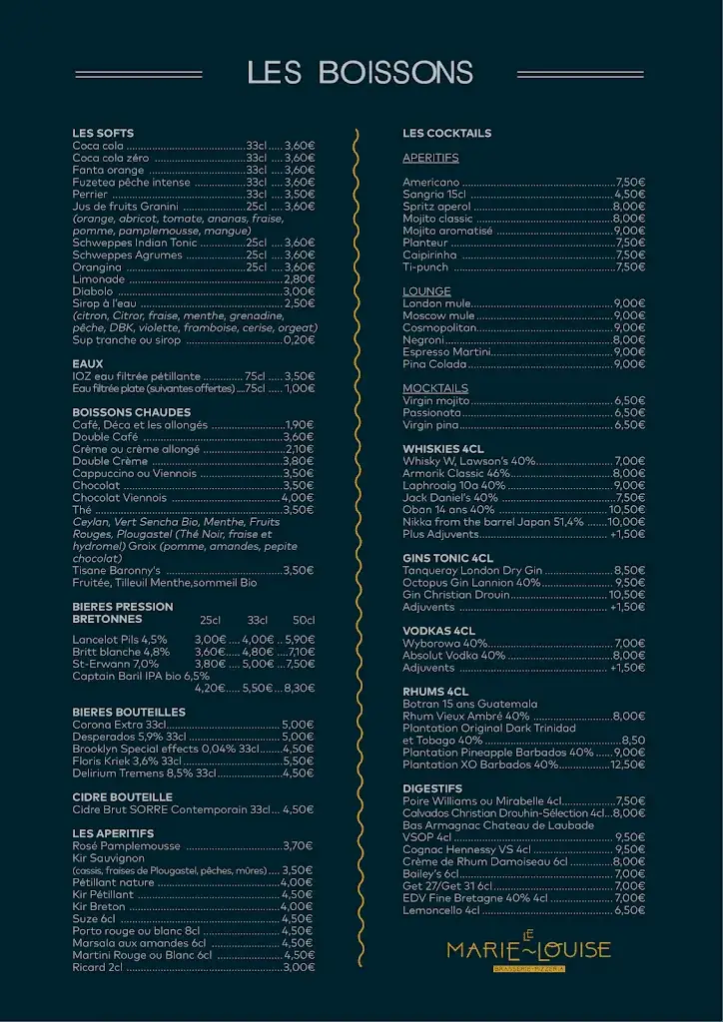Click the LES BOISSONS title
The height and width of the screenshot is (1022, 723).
point(361,73)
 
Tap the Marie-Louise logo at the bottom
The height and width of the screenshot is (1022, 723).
point(528,949)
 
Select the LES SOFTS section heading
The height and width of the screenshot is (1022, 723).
point(103,134)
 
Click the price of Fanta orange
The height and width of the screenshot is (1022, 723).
point(300,170)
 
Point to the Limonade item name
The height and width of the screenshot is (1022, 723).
point(98,279)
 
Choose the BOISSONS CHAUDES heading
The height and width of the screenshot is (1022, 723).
point(131,412)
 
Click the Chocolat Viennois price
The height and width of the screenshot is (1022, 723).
point(298,498)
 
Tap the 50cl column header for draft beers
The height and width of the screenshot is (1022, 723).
point(304,620)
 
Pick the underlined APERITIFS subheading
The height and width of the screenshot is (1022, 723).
point(430,158)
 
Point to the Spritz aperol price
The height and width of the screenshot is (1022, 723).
point(629,207)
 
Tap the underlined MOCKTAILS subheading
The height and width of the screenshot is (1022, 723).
point(435,388)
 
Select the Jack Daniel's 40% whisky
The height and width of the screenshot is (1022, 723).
point(450,497)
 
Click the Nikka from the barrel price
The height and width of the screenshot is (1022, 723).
point(626,522)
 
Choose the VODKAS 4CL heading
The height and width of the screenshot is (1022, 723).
point(438,631)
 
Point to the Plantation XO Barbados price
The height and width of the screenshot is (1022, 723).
point(628,765)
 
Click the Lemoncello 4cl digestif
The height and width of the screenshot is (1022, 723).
point(441,910)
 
